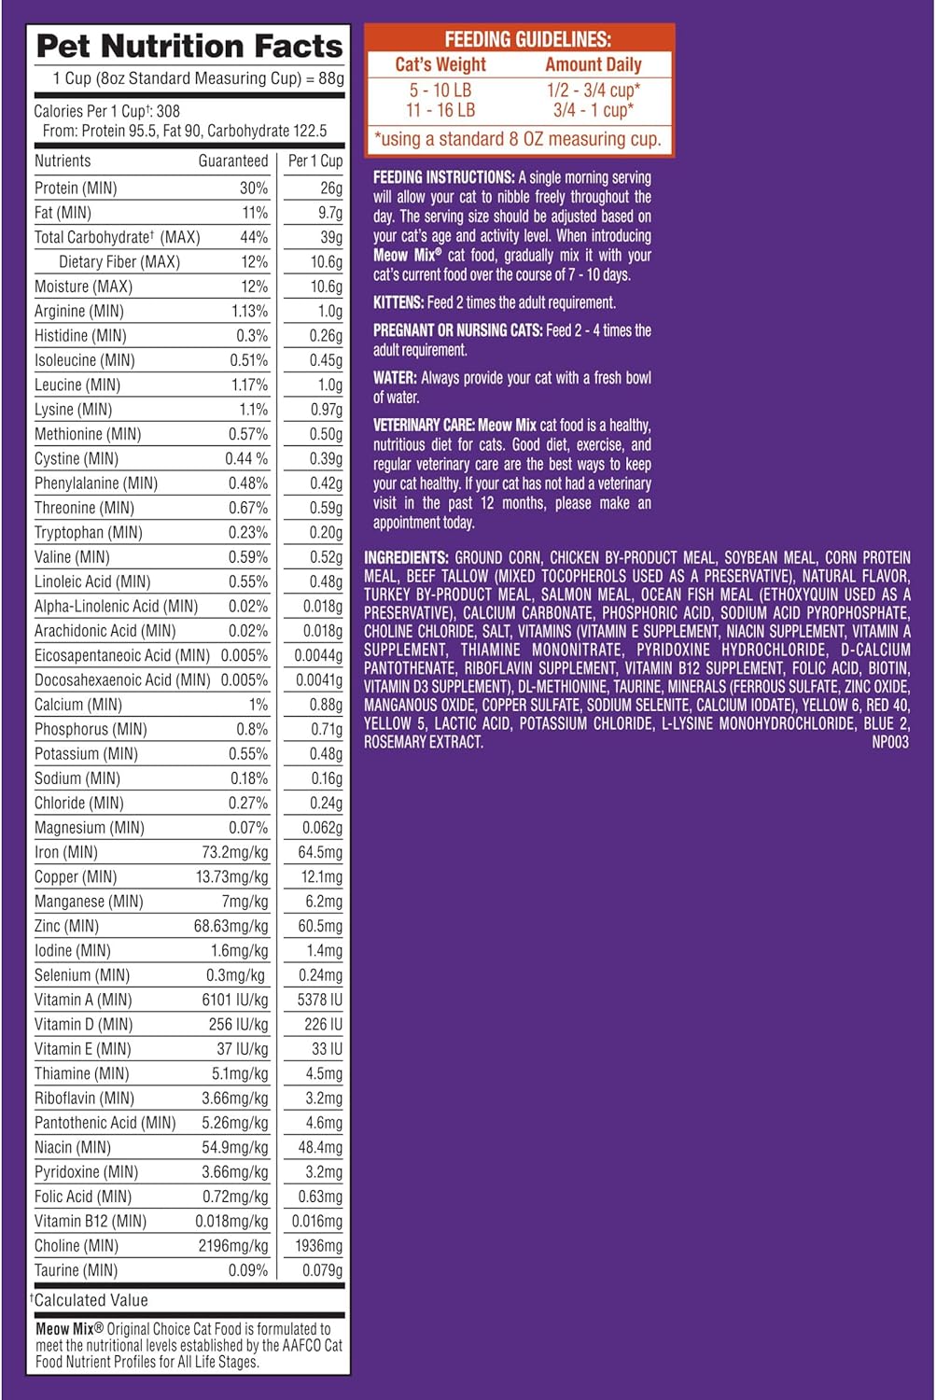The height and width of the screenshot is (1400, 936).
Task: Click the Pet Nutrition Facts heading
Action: (x=189, y=46)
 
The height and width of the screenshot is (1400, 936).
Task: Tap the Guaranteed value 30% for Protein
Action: (x=253, y=188)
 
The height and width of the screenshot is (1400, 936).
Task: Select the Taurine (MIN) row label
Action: (x=76, y=1270)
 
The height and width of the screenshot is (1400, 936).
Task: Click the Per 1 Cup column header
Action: (x=314, y=161)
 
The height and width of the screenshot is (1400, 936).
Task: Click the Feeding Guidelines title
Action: (x=527, y=40)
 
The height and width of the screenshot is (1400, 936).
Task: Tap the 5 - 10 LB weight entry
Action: (x=440, y=91)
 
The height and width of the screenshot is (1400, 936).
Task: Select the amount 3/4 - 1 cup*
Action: (x=594, y=110)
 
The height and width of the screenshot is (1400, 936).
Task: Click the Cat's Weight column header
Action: (x=440, y=64)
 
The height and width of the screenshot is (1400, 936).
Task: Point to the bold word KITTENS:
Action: (x=398, y=302)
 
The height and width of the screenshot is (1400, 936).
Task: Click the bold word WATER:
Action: (x=395, y=378)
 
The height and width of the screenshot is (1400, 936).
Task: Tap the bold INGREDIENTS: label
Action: (x=406, y=557)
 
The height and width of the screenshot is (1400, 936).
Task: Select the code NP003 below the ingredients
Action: (x=889, y=742)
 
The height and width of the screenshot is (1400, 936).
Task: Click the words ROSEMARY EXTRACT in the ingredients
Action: (x=424, y=742)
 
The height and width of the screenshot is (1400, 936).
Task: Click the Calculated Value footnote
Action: (x=91, y=1300)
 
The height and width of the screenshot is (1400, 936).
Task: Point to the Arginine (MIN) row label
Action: (x=79, y=311)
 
